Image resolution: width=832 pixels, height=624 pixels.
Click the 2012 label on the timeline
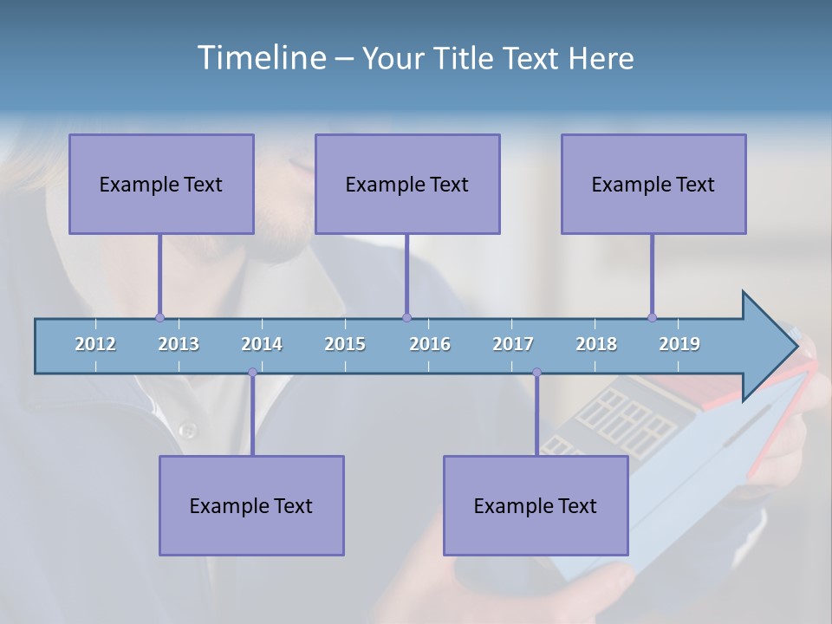pyautogui.click(x=95, y=344)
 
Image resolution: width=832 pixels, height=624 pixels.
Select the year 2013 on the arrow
pyautogui.click(x=179, y=344)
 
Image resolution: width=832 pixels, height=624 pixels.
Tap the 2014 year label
pyautogui.click(x=262, y=344)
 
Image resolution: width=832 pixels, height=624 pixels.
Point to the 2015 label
pyautogui.click(x=345, y=344)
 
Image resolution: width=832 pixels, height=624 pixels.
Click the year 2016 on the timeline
pyautogui.click(x=430, y=344)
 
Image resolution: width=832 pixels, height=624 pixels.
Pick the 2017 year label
pyautogui.click(x=513, y=344)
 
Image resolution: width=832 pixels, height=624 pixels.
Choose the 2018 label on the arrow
pyautogui.click(x=596, y=344)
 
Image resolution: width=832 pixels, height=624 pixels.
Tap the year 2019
pyautogui.click(x=679, y=344)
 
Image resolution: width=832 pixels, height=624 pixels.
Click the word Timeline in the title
pyautogui.click(x=260, y=58)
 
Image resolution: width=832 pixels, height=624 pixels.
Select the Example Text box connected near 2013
pyautogui.click(x=161, y=184)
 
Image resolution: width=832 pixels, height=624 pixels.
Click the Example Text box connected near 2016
pyautogui.click(x=407, y=184)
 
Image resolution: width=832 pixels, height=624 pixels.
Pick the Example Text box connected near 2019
pyautogui.click(x=653, y=184)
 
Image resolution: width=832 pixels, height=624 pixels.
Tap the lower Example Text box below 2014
pyautogui.click(x=251, y=505)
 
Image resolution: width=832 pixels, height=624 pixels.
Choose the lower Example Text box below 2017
pyautogui.click(x=536, y=505)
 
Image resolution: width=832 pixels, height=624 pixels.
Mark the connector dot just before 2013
pyautogui.click(x=159, y=317)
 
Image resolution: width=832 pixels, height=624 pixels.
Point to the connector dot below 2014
pyautogui.click(x=252, y=373)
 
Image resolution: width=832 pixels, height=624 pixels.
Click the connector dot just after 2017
pyautogui.click(x=536, y=373)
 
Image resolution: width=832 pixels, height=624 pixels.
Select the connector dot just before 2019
pyautogui.click(x=652, y=317)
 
